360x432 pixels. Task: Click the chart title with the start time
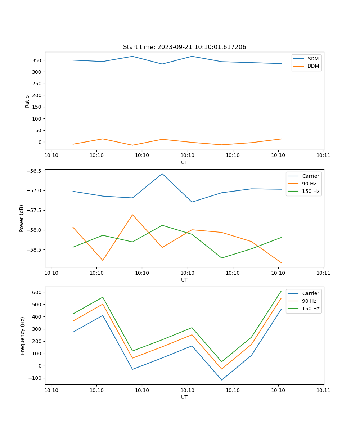pos(184,47)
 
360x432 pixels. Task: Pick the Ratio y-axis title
pos(27,101)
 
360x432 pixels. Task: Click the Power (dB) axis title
pos(22,218)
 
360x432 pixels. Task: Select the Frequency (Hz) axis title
pos(23,336)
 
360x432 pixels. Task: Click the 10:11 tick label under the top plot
pos(323,155)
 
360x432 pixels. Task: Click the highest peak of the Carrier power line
pos(162,174)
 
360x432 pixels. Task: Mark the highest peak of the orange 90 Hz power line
pos(132,215)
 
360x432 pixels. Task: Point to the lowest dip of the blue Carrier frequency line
pos(221,380)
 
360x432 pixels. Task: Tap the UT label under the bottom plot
pos(184,397)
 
